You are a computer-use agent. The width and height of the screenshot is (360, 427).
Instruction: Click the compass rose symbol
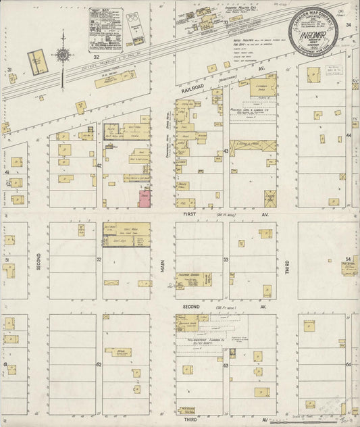point(63,53)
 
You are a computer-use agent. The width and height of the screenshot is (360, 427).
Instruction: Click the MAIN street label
point(163,267)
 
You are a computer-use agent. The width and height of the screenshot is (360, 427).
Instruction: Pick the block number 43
point(226,151)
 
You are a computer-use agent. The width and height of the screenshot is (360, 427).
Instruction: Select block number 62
point(99,364)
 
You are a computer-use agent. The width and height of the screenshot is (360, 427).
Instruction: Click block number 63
point(226,366)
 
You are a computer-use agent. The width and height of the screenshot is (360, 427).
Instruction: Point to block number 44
point(349,136)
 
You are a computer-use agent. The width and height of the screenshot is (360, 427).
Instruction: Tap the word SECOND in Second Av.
point(191,306)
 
